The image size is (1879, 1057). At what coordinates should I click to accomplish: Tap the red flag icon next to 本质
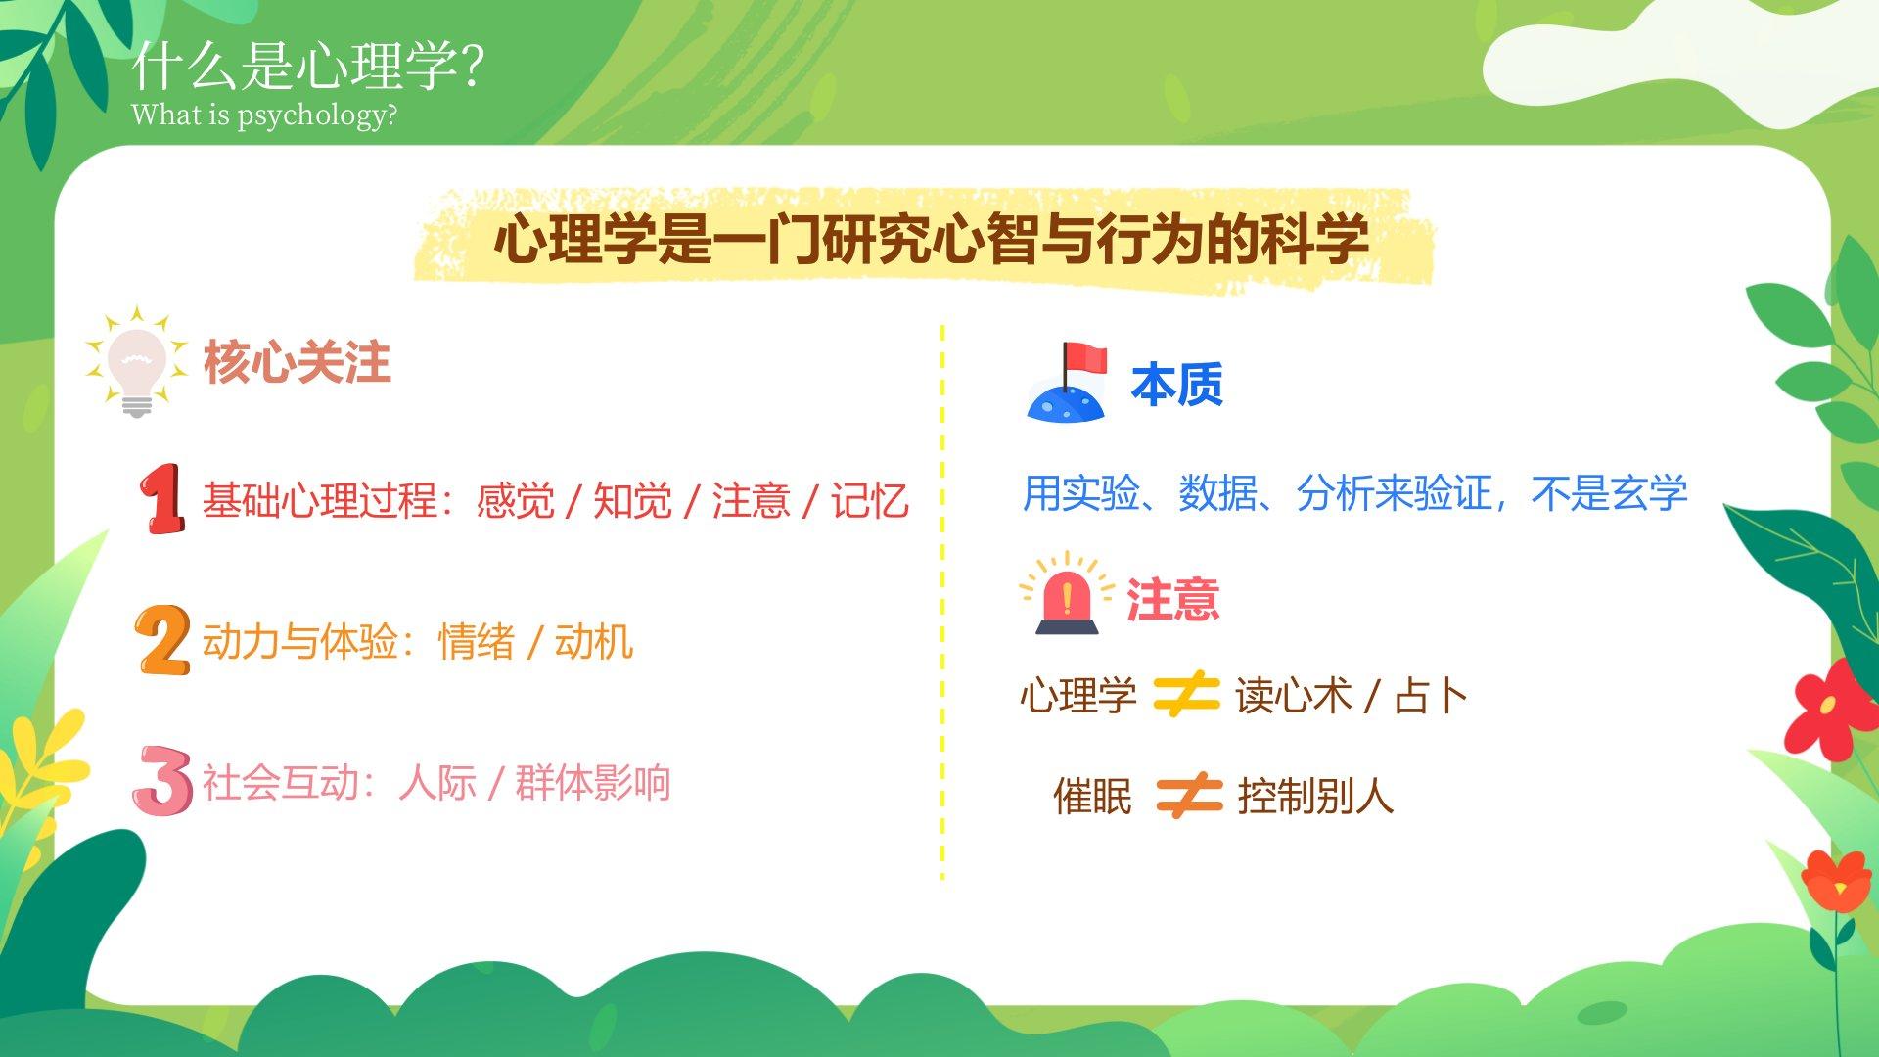(1068, 383)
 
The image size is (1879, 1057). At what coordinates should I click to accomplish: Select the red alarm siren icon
(1067, 593)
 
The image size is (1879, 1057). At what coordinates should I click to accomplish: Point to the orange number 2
(161, 640)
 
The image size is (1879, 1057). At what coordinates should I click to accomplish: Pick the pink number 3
(161, 780)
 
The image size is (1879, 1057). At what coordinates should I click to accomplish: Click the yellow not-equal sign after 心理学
(1186, 695)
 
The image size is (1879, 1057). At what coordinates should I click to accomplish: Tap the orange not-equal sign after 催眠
(1189, 795)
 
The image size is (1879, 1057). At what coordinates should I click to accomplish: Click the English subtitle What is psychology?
(264, 115)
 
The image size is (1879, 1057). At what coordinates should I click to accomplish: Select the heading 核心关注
(298, 362)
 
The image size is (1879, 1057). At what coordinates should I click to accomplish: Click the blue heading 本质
(1177, 385)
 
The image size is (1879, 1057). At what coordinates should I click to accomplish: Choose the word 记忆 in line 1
(870, 500)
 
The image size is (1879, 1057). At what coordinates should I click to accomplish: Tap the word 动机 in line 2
(594, 642)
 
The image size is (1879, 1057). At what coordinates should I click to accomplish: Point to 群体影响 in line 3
(593, 783)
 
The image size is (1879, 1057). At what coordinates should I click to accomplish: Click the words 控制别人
(1315, 796)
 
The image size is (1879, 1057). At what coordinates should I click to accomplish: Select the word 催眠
(1092, 796)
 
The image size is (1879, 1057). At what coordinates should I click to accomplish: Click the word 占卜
(1431, 696)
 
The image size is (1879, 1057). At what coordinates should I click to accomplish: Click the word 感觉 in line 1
(516, 500)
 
